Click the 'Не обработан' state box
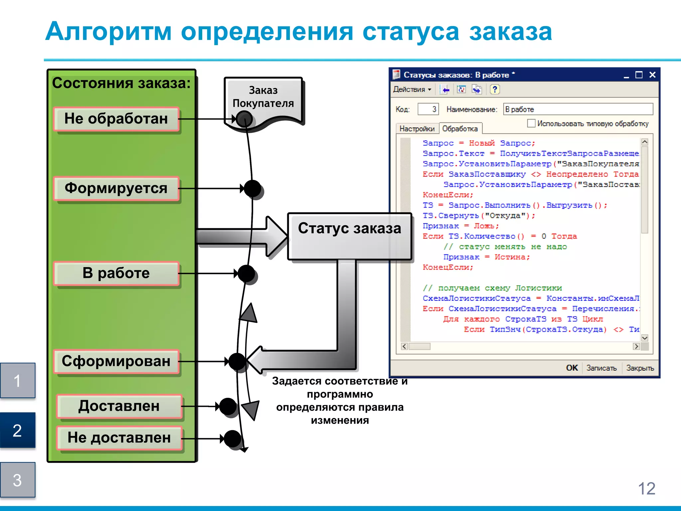point(116,119)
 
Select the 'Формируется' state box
point(116,188)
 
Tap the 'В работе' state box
point(116,273)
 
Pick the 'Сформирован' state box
point(116,361)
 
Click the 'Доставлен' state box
point(119,406)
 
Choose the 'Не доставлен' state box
point(119,438)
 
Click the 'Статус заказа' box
point(349,236)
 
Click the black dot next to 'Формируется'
point(252,189)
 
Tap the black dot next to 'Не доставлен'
point(232,438)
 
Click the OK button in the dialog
point(572,368)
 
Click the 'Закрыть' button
point(640,368)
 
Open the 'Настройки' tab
point(417,129)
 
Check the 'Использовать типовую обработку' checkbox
point(531,123)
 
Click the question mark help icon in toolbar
point(494,89)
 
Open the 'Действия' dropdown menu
point(412,89)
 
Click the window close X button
point(652,75)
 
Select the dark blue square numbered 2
point(18,430)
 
